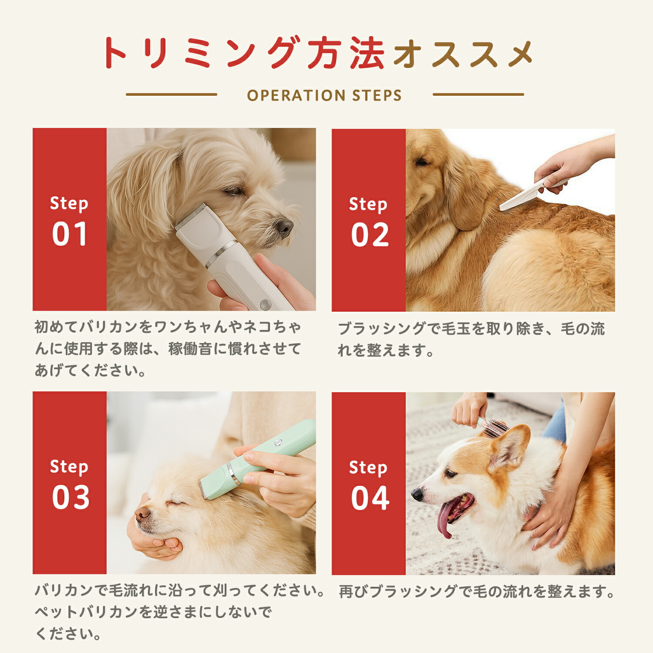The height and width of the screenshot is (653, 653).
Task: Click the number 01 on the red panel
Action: [70, 234]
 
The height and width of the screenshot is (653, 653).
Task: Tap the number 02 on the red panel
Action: [370, 235]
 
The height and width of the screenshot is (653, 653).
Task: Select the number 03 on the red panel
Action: [71, 498]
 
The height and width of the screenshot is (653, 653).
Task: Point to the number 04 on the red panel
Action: [370, 498]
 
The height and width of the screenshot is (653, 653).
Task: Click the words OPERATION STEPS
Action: [324, 95]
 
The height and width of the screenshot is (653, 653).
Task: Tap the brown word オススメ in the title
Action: [463, 54]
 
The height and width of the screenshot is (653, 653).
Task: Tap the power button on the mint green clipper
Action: [277, 443]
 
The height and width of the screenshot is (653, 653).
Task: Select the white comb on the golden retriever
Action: [533, 192]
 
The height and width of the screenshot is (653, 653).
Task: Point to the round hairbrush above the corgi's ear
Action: [495, 427]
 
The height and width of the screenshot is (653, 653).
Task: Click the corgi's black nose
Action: [417, 493]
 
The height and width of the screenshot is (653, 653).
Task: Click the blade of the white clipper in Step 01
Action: [191, 216]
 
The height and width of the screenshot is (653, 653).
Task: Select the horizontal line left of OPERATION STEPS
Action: [172, 94]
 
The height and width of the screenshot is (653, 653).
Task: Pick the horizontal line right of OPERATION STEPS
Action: [478, 94]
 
